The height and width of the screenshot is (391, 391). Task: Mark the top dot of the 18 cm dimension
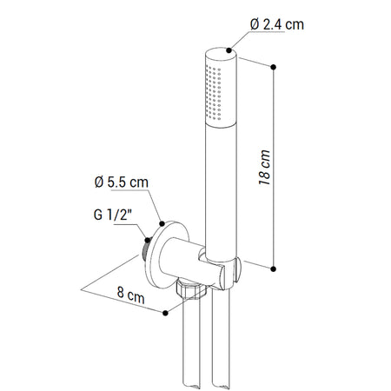click(275, 66)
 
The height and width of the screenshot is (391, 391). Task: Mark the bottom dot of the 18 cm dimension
click(275, 268)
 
